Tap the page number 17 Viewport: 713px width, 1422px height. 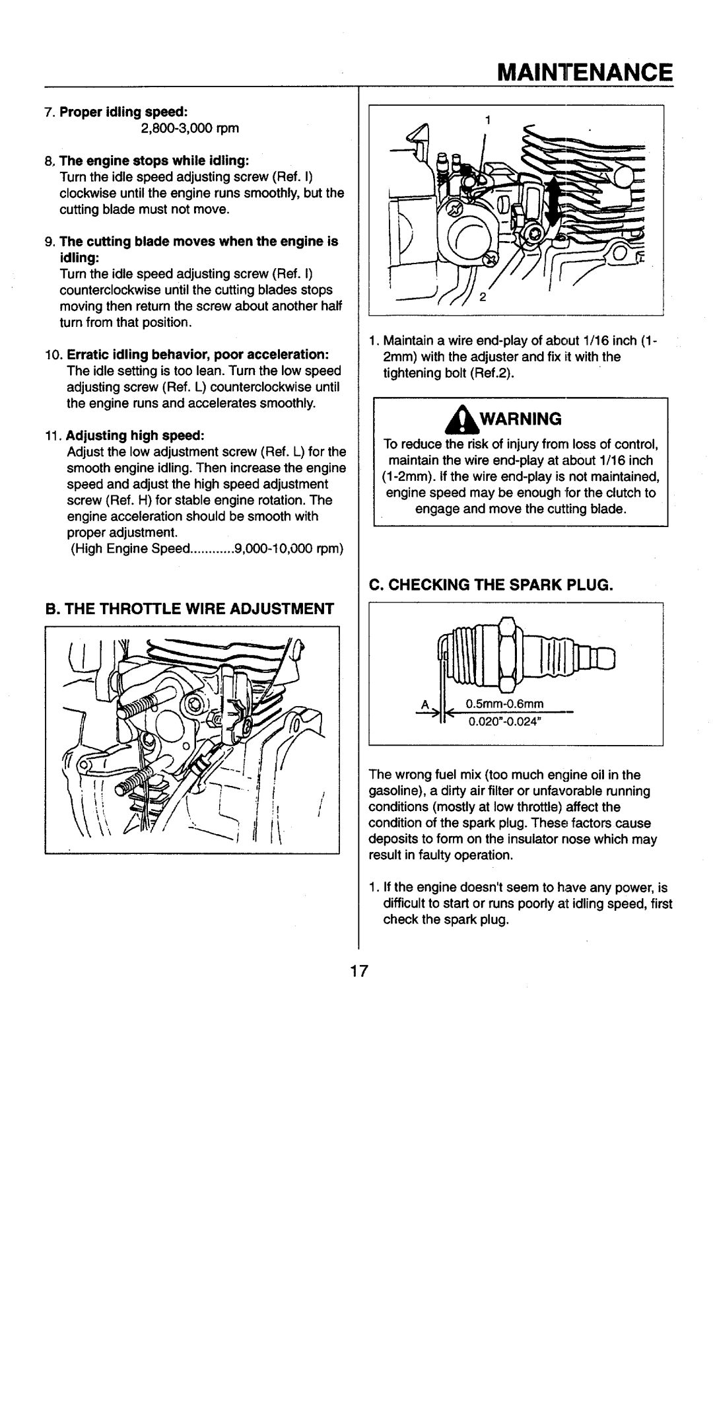pyautogui.click(x=358, y=971)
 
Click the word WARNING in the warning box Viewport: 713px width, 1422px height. pyautogui.click(x=531, y=419)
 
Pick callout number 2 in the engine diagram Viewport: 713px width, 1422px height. pyautogui.click(x=483, y=297)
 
